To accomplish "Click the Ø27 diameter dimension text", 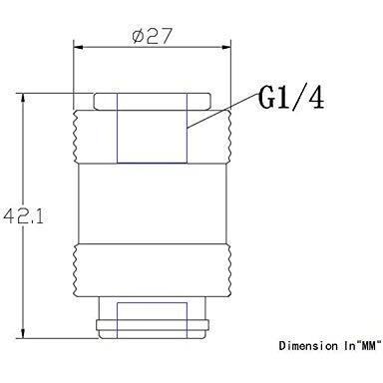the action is [153, 36].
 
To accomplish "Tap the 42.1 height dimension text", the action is [23, 216].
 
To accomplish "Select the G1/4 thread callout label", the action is [291, 98].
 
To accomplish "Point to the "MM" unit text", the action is [368, 346].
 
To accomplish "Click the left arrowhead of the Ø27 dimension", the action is [78, 47].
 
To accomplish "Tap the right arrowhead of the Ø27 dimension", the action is [226, 47].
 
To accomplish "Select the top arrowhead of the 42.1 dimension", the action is [23, 99].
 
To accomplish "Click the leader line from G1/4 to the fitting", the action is [222, 111].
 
